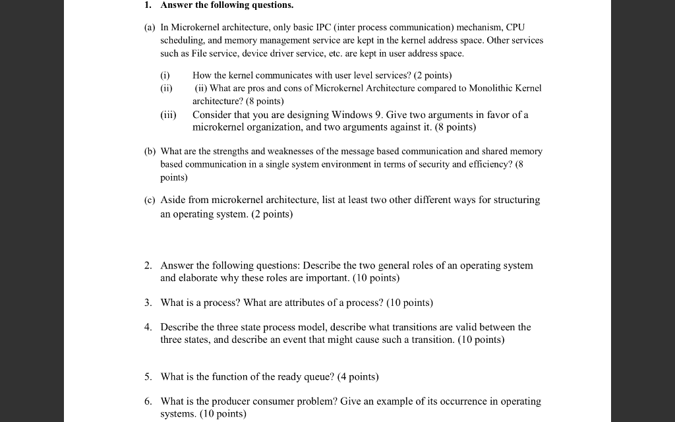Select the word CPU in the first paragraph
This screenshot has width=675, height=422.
click(515, 28)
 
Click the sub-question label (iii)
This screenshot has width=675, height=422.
click(168, 115)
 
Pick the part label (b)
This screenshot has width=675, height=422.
click(150, 151)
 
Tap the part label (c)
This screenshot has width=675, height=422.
click(150, 200)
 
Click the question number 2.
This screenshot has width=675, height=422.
click(148, 265)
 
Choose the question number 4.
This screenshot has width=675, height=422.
click(148, 327)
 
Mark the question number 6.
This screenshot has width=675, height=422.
click(148, 401)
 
